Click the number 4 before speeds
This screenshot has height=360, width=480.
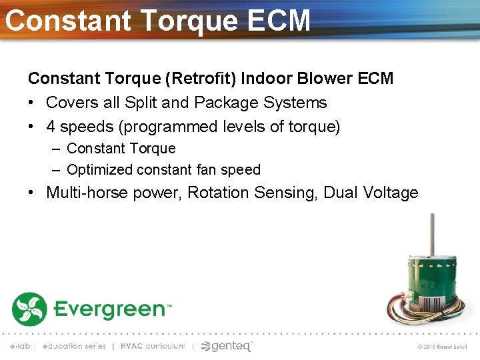[x=51, y=127]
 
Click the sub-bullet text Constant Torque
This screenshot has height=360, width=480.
[x=121, y=149]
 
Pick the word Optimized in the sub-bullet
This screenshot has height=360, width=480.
[x=99, y=170]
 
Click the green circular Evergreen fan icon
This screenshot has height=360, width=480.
[x=29, y=309]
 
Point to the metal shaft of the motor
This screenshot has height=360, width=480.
[x=431, y=233]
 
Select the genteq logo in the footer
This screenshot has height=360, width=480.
[x=227, y=346]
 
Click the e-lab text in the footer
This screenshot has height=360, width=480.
[x=20, y=346]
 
